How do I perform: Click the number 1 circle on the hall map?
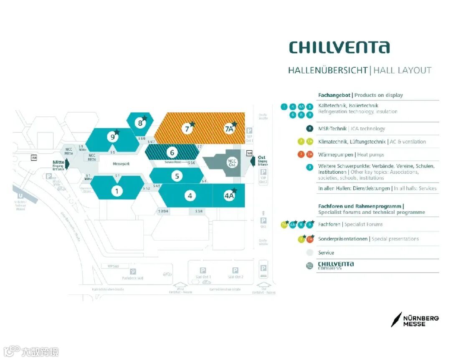point(117,191)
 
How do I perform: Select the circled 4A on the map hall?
point(229,195)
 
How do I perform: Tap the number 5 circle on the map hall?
point(177,176)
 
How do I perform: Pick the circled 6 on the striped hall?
point(172,152)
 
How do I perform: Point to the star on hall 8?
point(144,118)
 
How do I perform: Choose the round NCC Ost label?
point(232,162)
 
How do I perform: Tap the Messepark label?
point(121,164)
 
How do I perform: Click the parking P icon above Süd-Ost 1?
point(203,270)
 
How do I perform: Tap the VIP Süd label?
point(113,266)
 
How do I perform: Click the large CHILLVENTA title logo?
point(339,48)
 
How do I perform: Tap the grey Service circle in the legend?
point(309,253)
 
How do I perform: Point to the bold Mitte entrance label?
point(58,162)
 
